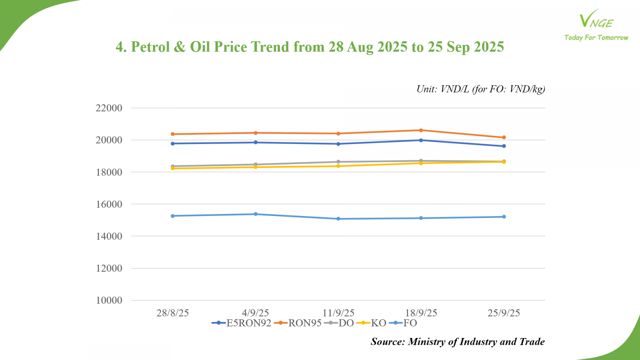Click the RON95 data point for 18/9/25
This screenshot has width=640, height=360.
point(421,130)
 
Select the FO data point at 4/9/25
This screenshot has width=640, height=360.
point(256,214)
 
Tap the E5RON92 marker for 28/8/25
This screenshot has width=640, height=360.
point(173,144)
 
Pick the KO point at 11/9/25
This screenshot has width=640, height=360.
point(338,166)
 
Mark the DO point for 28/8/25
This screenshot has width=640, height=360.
point(173,166)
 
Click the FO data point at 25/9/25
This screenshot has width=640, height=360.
point(504,217)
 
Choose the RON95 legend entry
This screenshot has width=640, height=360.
point(298,323)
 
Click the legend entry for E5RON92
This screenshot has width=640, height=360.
point(242,323)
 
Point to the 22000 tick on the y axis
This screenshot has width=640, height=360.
point(109,108)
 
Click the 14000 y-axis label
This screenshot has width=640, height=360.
point(109,236)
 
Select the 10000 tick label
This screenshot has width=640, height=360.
point(109,300)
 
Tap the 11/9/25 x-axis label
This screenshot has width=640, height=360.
point(338,313)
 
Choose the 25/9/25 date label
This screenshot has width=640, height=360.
point(504,313)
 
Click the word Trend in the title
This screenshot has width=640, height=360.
point(270,47)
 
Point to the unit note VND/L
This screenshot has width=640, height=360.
point(455,89)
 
